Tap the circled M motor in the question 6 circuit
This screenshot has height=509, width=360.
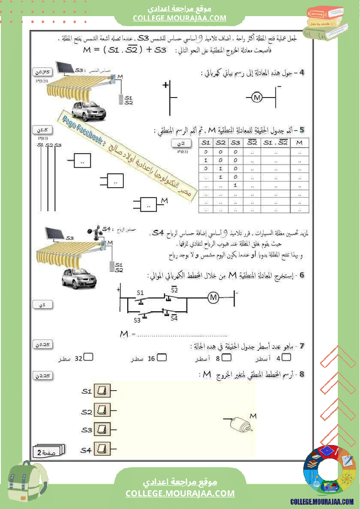point(213,297)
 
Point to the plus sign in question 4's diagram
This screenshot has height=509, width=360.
point(166,85)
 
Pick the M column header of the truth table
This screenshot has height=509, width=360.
point(299,142)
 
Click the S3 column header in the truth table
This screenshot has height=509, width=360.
point(235,142)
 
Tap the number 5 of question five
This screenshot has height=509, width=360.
point(302,130)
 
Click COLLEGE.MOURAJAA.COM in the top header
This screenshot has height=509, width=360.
point(180,18)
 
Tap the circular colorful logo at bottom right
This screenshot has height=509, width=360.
point(329,472)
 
